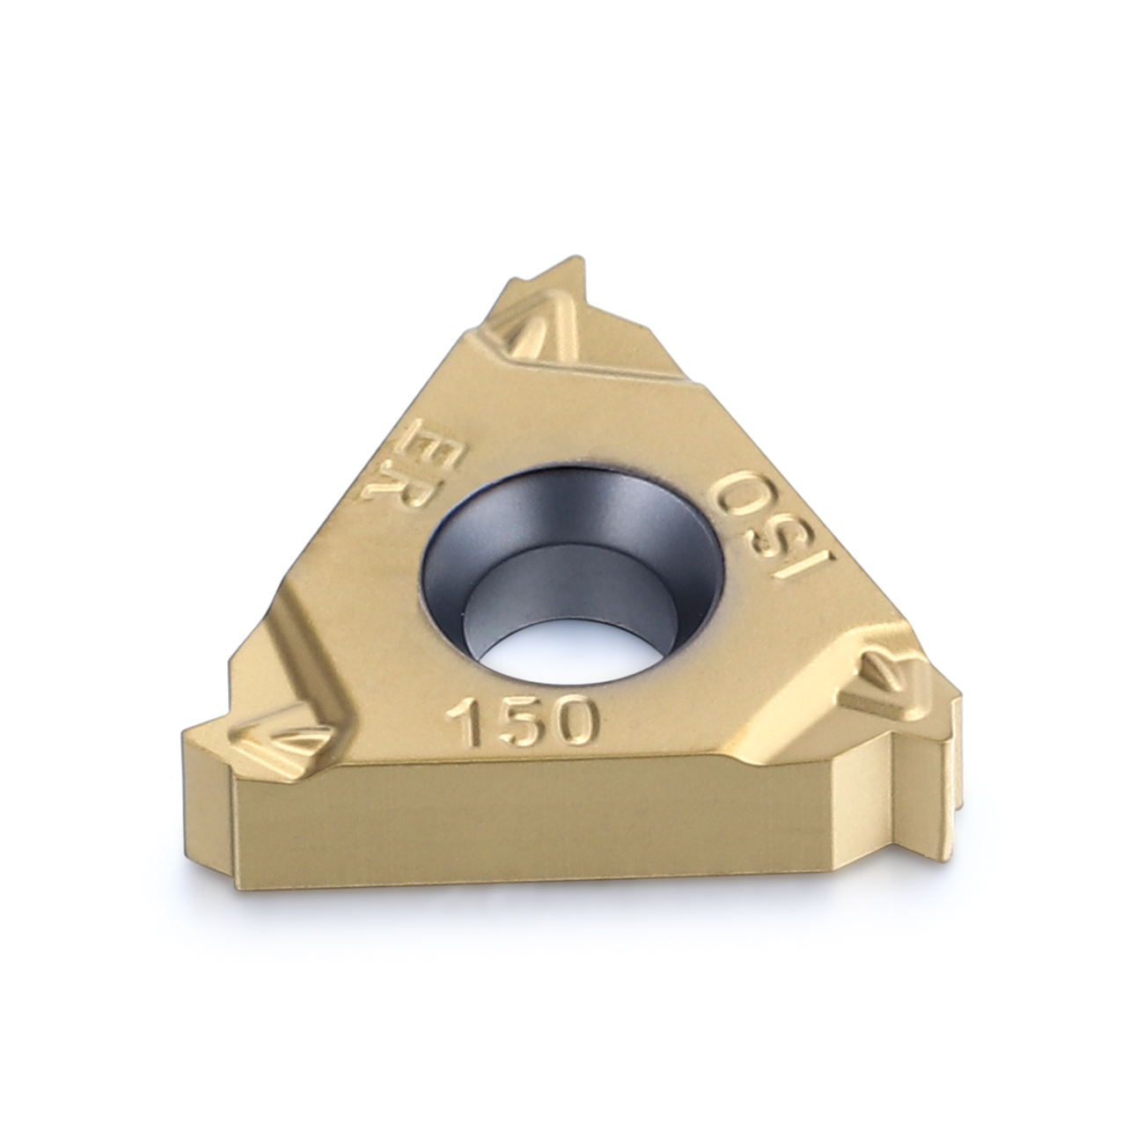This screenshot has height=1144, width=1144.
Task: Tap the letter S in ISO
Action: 773,527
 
